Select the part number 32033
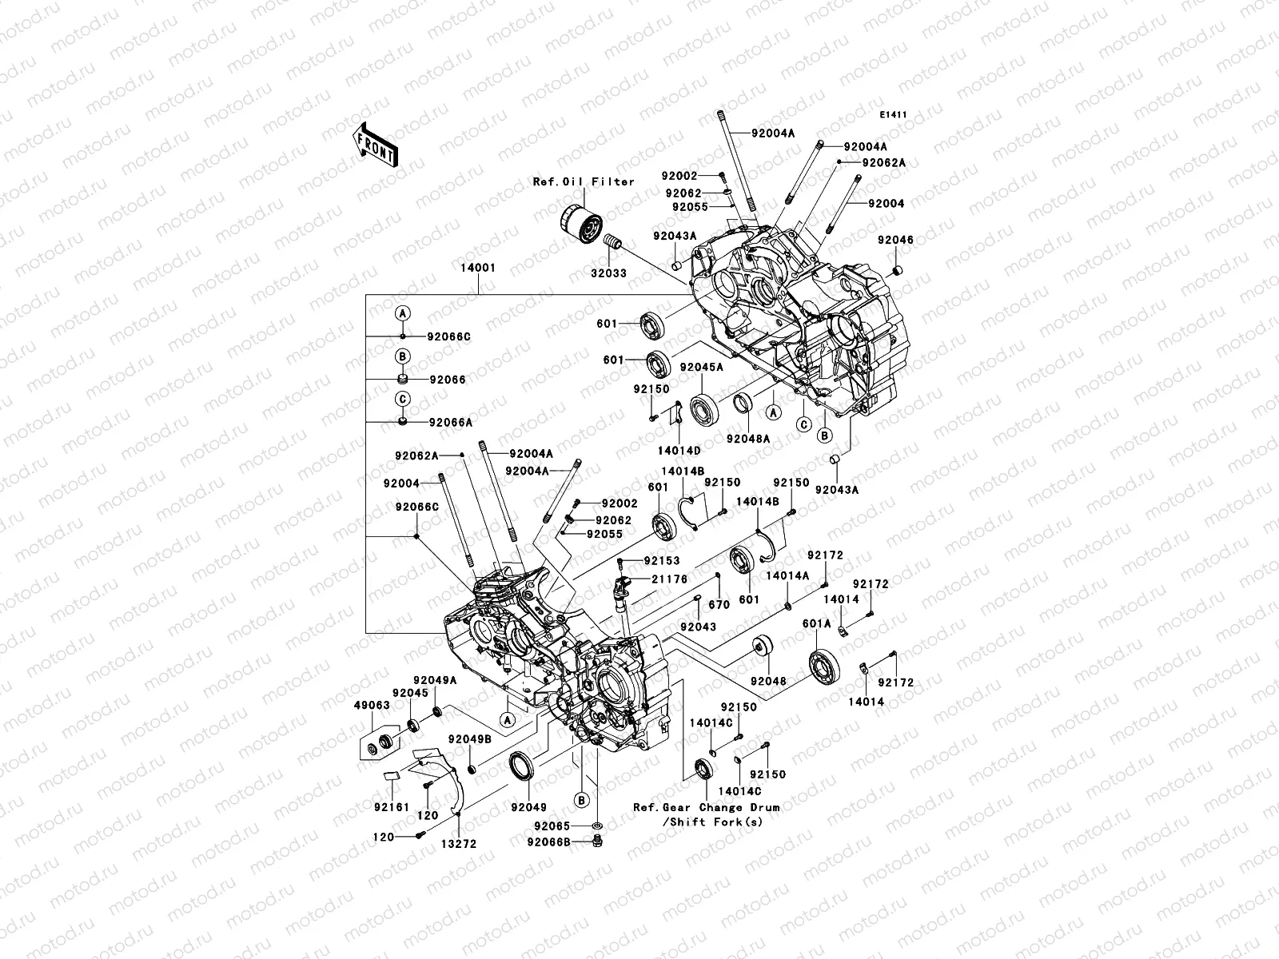(x=608, y=273)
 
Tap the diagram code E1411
(x=893, y=115)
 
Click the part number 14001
(x=477, y=269)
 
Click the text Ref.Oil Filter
(x=584, y=182)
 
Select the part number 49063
(x=373, y=706)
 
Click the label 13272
(x=463, y=843)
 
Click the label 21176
(x=670, y=579)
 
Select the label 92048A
(x=748, y=439)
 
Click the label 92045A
(x=701, y=368)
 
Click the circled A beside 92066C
(x=404, y=312)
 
